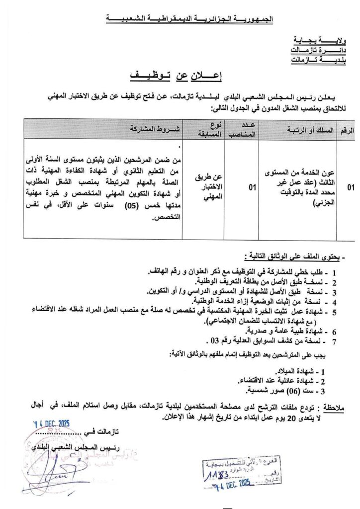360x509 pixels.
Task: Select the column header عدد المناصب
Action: point(242,129)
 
